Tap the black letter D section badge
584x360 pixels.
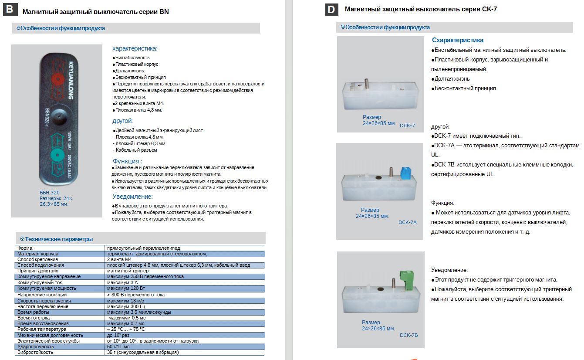pyautogui.click(x=331, y=9)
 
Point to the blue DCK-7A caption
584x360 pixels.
pyautogui.click(x=407, y=222)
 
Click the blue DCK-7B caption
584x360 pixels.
pyautogui.click(x=408, y=335)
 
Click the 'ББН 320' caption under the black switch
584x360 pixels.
pyautogui.click(x=50, y=193)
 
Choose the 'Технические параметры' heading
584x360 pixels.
pyautogui.click(x=58, y=239)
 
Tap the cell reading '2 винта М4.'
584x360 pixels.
pyautogui.click(x=119, y=259)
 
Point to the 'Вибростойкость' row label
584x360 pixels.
pyautogui.click(x=35, y=352)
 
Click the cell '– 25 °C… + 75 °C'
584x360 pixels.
pyautogui.click(x=126, y=329)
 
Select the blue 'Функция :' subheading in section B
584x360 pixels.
pyautogui.click(x=127, y=161)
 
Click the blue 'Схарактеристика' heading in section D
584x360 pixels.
pyautogui.click(x=458, y=40)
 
